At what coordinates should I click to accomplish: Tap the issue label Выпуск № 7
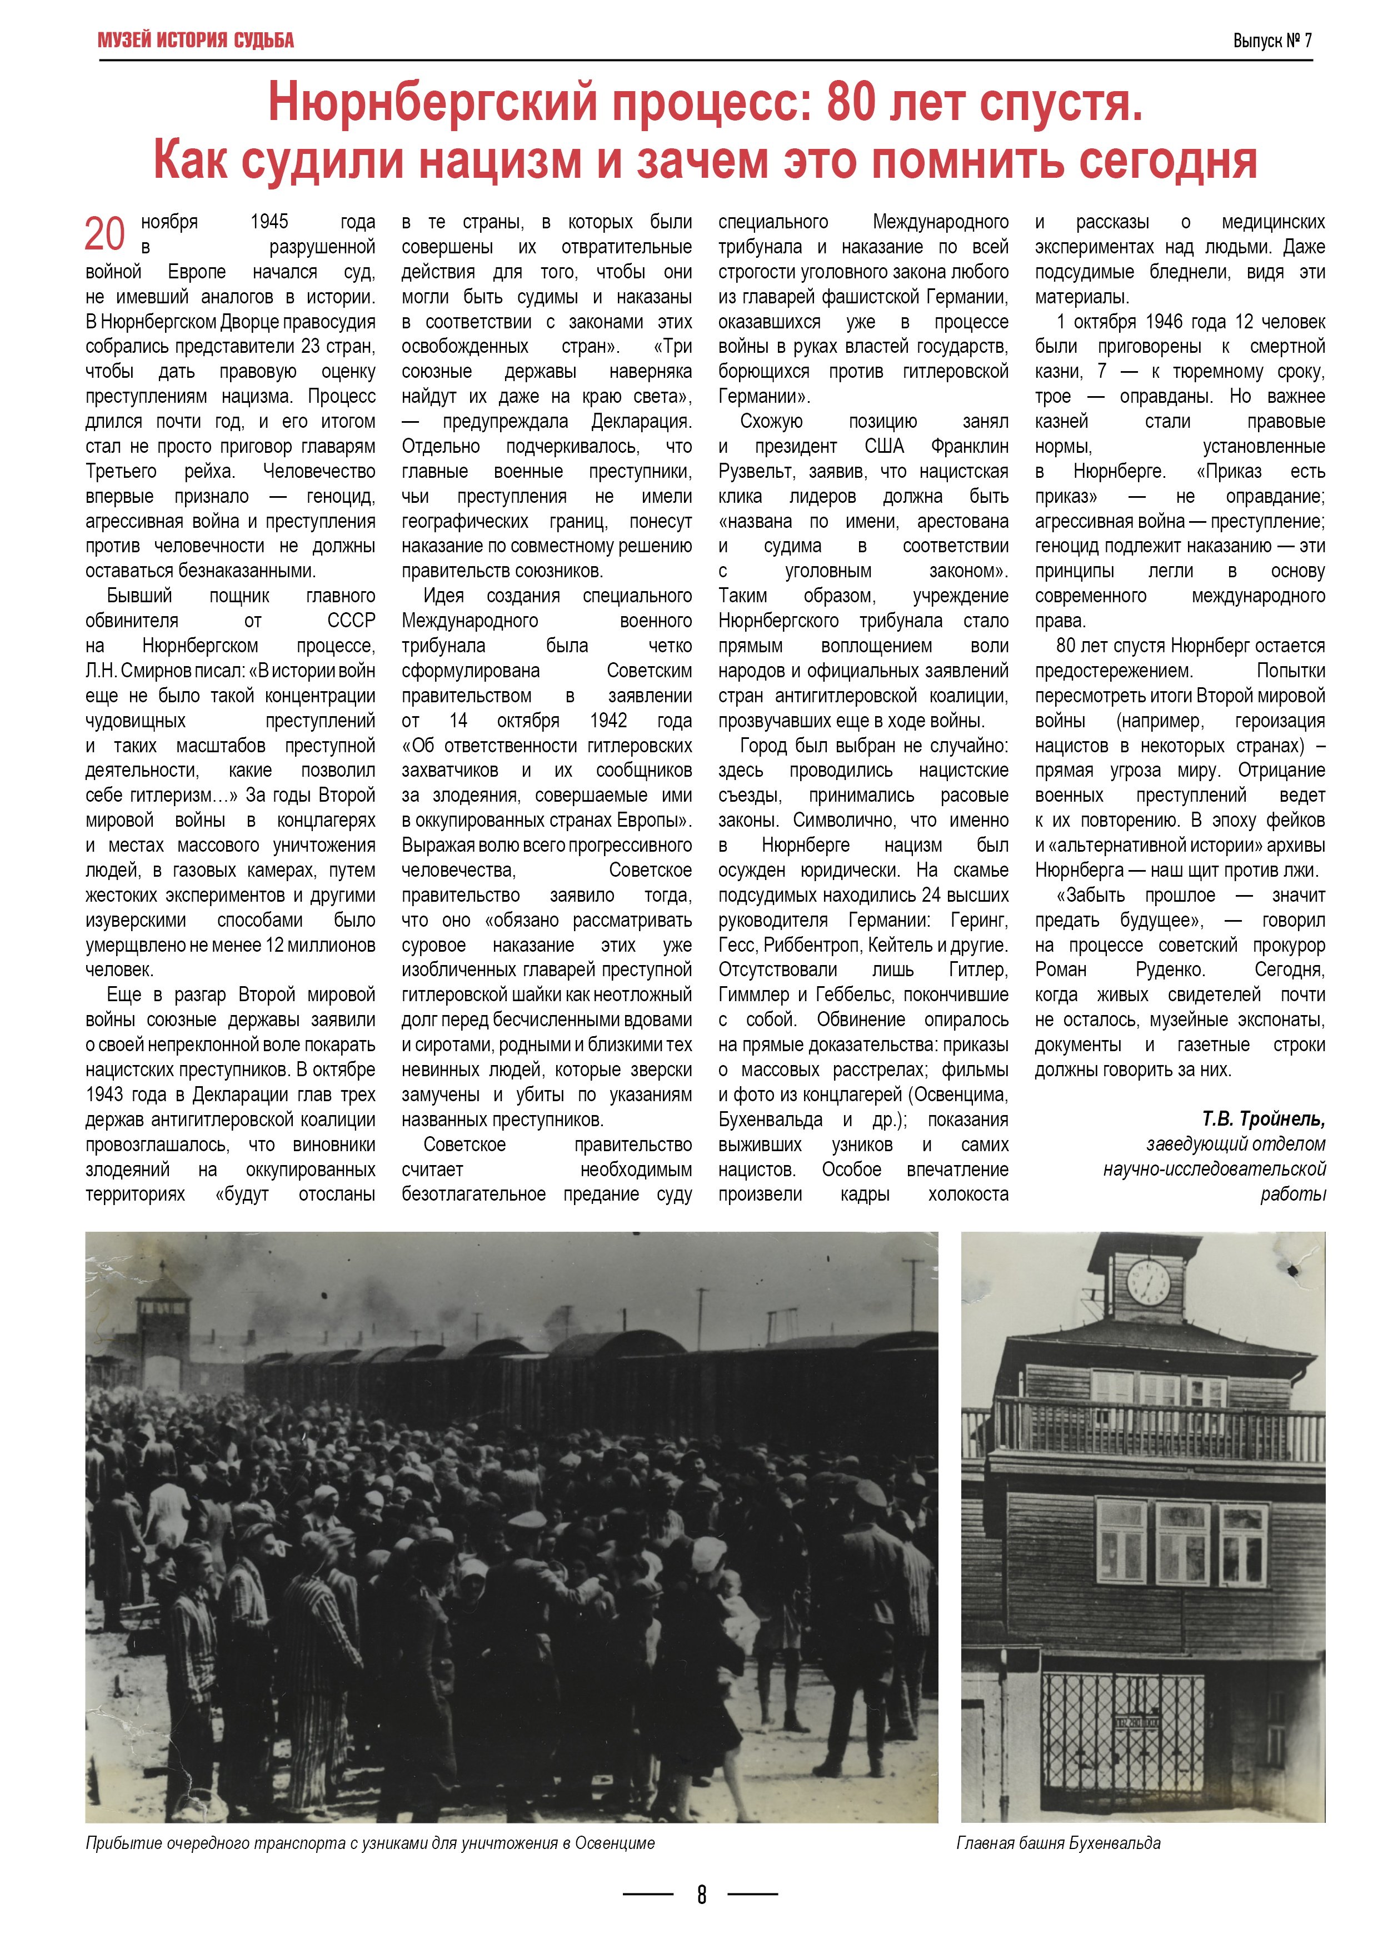pyautogui.click(x=1272, y=40)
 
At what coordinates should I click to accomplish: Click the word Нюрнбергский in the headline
pyautogui.click(x=433, y=103)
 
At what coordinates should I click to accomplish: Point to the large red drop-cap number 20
pyautogui.click(x=104, y=234)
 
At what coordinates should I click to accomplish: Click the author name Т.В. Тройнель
pyautogui.click(x=1264, y=1119)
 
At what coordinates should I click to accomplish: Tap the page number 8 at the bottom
pyautogui.click(x=701, y=1894)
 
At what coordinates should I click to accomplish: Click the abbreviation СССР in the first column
pyautogui.click(x=352, y=621)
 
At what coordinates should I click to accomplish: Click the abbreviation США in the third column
pyautogui.click(x=884, y=447)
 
